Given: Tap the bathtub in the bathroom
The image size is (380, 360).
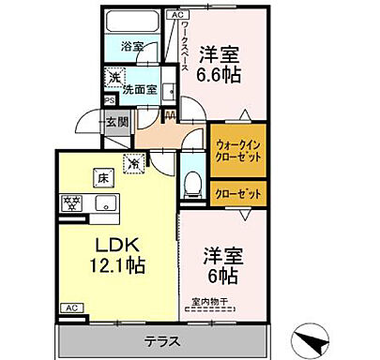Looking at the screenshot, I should tap(131, 22).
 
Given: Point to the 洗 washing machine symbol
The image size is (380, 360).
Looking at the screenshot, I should tap(112, 78).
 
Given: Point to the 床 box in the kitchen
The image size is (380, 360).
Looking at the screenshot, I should tap(99, 177).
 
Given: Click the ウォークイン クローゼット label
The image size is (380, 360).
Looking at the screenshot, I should tap(236, 151).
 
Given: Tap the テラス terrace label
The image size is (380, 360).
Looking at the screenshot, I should tap(165, 341).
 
